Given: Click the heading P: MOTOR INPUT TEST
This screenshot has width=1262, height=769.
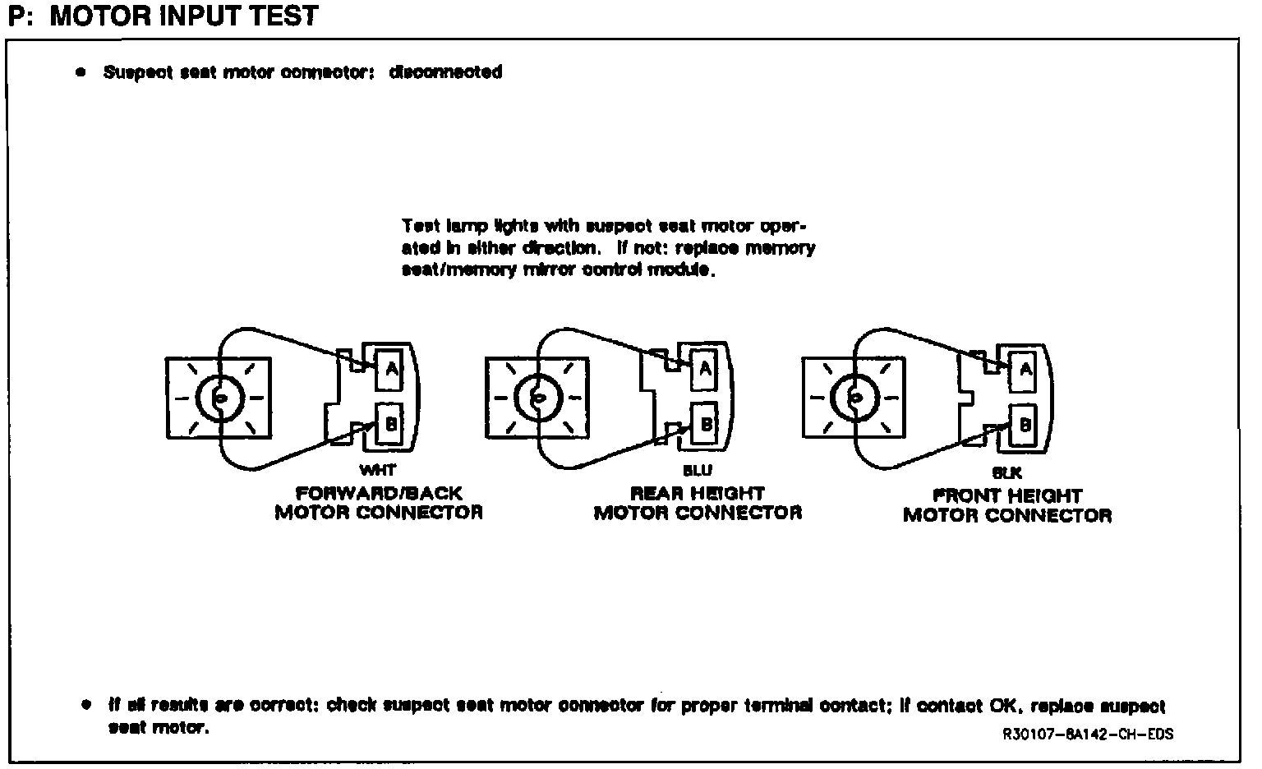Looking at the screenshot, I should [163, 16].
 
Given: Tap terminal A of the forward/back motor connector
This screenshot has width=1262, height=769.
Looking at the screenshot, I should [391, 370].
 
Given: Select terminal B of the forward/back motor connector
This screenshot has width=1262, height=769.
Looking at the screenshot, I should [391, 424].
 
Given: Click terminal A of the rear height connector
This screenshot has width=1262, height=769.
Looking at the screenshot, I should [705, 370].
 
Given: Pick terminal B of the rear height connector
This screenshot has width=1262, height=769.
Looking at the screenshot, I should [705, 424].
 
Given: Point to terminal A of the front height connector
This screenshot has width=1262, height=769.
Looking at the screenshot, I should [1025, 370].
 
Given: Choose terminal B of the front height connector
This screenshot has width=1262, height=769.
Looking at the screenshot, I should [1025, 425].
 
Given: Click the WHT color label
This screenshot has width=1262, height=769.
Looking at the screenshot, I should [377, 471].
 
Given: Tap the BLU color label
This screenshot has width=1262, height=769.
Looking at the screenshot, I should [697, 471].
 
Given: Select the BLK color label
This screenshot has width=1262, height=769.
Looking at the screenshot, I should [1006, 473].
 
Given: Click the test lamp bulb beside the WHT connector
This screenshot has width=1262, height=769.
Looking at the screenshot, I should [219, 398].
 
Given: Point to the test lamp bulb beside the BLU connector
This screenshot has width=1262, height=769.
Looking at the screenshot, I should [538, 398].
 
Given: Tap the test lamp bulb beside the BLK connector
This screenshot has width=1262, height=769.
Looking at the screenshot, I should [855, 398].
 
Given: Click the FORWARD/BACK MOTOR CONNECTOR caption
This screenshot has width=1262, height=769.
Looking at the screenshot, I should [379, 503].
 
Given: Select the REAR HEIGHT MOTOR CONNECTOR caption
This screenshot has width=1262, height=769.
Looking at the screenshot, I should [698, 503].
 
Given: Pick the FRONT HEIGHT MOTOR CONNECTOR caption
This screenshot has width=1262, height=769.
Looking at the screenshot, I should [1007, 505].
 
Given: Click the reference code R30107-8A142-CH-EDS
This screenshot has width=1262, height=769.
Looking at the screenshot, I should [1088, 734].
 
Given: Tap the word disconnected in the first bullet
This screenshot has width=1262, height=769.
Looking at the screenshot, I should [444, 72].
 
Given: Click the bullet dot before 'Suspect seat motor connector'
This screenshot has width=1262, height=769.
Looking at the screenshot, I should [81, 72].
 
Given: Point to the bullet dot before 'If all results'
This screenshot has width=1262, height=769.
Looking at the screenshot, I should [85, 705].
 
